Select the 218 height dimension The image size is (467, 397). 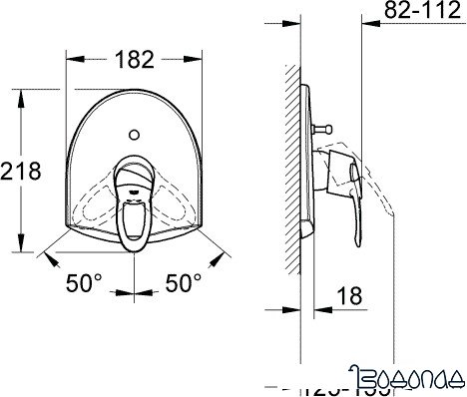click(21, 171)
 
